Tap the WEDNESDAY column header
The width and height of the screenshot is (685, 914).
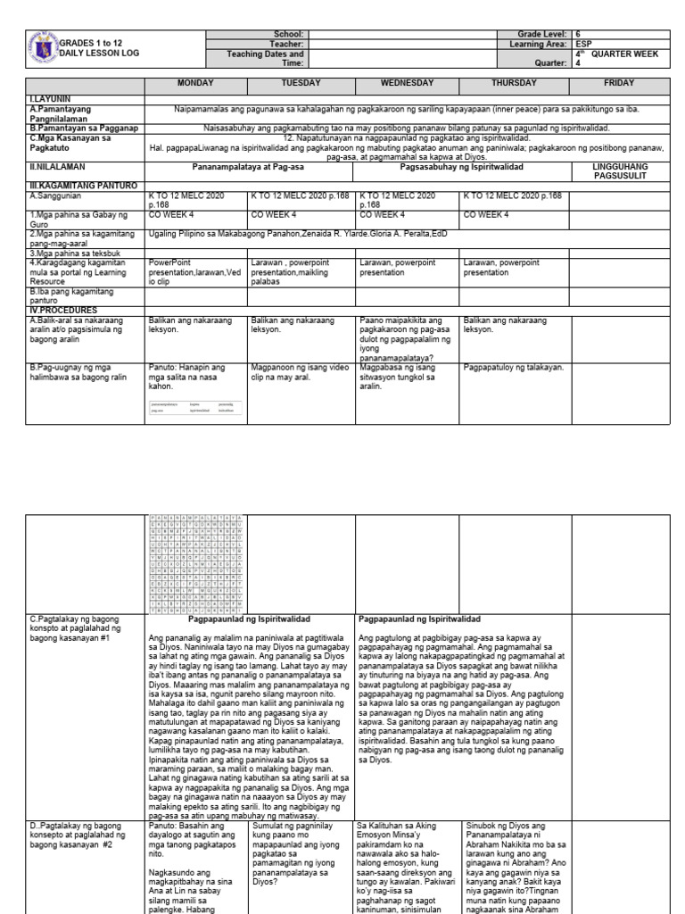(x=408, y=83)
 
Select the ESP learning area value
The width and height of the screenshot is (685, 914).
(x=583, y=43)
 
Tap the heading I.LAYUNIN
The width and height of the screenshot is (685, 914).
(x=51, y=97)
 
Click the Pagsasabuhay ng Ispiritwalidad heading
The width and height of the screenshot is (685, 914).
(x=461, y=166)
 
